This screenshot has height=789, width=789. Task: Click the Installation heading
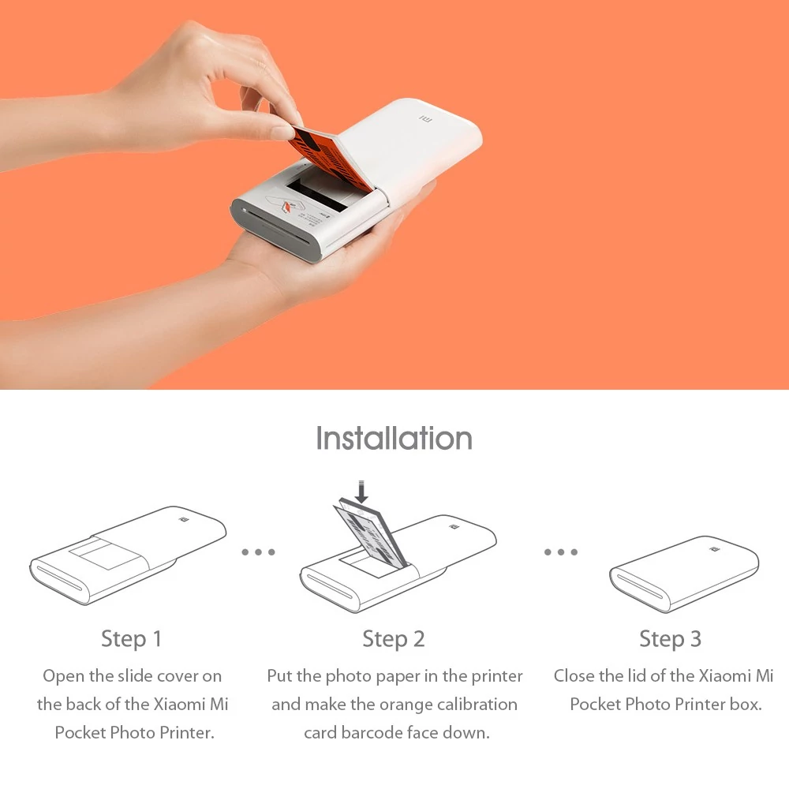pos(394,438)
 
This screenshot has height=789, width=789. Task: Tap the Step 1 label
pos(131,639)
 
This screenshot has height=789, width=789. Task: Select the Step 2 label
pos(394,639)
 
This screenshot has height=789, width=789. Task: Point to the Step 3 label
pos(670,639)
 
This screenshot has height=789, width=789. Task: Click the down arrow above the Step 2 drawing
pos(361,492)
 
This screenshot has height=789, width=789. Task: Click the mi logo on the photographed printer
pos(426,120)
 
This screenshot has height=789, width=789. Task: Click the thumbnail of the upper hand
pos(282,133)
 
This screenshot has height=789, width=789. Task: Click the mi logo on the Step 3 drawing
pos(713,549)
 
